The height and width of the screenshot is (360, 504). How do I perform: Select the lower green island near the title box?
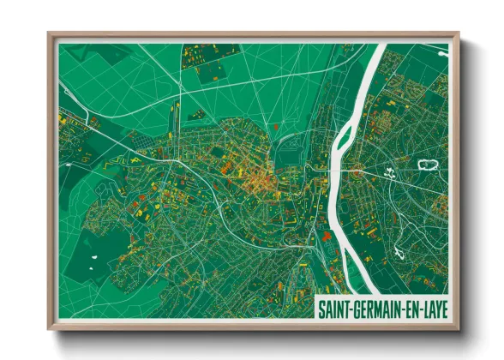[326, 235]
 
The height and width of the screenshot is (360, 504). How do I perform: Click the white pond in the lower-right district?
[399, 251]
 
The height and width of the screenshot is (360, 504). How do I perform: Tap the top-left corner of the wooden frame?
[50, 35]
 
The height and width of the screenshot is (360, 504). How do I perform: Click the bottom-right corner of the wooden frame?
[458, 327]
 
